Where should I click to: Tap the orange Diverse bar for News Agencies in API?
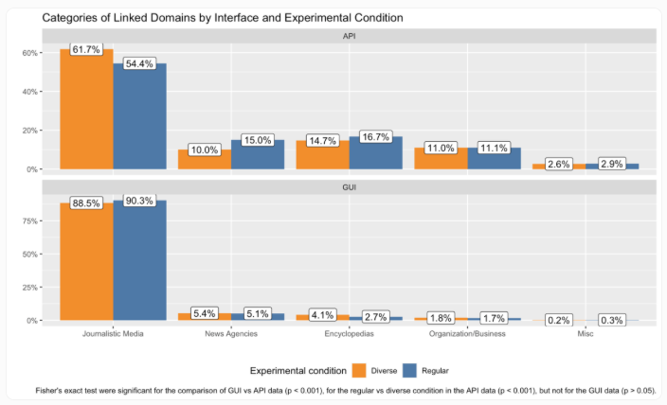[x=205, y=160]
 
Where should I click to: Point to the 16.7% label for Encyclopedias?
[x=375, y=136]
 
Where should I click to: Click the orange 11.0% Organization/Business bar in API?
[x=441, y=159]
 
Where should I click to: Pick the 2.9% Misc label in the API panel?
[x=611, y=165]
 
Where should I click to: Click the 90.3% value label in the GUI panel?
[x=139, y=200]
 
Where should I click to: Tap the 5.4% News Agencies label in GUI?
[x=205, y=312]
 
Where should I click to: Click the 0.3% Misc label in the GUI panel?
[x=611, y=320]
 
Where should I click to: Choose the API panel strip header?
[x=350, y=36]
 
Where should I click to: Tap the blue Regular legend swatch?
[x=410, y=369]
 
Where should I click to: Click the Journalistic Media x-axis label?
[x=113, y=333]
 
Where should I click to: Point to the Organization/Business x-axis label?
[x=467, y=333]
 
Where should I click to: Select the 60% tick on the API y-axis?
[x=29, y=53]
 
